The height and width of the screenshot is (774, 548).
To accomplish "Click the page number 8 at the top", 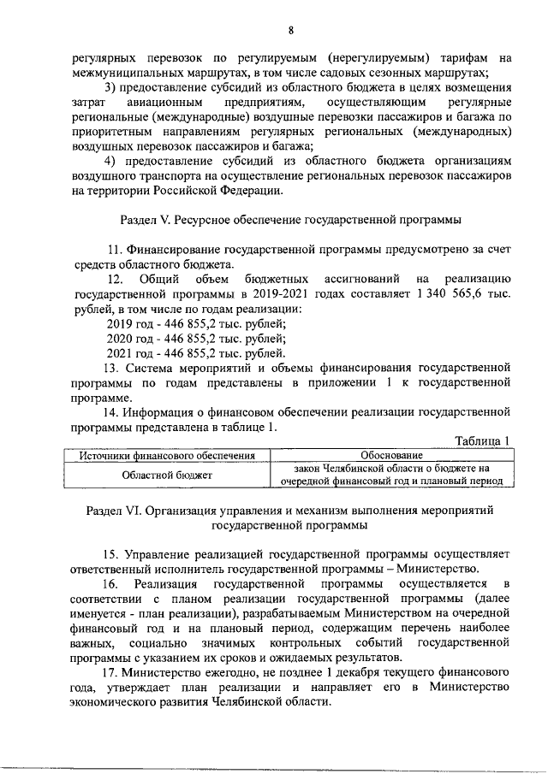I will coord(290,31).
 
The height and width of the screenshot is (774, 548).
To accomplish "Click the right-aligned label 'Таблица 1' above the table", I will coord(481,440).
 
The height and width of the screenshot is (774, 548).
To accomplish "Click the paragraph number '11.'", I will coord(116,249).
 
